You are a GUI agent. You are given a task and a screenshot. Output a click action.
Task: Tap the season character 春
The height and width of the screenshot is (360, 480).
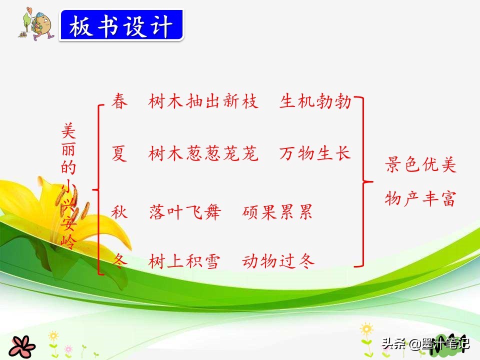119,101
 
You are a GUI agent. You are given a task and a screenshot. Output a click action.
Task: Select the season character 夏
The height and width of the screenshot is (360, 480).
119,154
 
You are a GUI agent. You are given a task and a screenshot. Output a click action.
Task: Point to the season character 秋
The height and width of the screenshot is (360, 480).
119,212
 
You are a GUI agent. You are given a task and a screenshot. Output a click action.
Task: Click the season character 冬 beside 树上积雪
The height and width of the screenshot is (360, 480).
119,260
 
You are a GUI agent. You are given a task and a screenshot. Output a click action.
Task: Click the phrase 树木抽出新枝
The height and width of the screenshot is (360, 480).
203,101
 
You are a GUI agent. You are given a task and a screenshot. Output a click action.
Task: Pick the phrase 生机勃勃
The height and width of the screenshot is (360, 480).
315,101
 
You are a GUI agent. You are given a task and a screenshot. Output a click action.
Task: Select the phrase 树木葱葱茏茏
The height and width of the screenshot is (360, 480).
203,154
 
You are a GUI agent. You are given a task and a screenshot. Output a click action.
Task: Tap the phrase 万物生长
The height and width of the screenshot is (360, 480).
315,153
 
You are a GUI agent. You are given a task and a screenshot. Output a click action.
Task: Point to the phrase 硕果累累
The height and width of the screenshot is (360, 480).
277,212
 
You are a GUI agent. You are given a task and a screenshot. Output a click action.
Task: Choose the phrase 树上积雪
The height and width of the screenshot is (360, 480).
184,261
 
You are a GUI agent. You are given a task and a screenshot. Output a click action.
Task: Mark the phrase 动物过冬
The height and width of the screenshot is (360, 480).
278,261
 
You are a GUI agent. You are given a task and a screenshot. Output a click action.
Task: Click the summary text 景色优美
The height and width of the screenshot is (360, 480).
420,165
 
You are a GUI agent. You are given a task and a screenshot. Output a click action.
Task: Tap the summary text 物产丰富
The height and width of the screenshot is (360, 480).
420,199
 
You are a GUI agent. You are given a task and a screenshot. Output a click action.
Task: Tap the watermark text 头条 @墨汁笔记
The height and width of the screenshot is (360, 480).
426,343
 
